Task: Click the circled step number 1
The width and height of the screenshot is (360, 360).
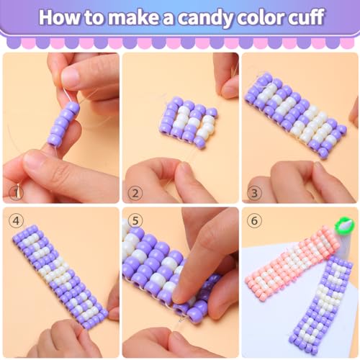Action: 16,193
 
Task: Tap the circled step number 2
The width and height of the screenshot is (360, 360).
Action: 135,193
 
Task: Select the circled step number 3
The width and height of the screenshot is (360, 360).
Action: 254,193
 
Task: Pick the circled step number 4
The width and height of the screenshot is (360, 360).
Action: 16,220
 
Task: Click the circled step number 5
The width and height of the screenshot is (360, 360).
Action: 135,220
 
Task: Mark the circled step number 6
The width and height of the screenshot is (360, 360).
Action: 254,220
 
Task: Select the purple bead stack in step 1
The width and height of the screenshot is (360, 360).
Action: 63,124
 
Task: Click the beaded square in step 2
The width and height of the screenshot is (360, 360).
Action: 189,122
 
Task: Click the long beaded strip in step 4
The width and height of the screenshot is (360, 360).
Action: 60,276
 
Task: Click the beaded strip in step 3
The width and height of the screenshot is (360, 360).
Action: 296,115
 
